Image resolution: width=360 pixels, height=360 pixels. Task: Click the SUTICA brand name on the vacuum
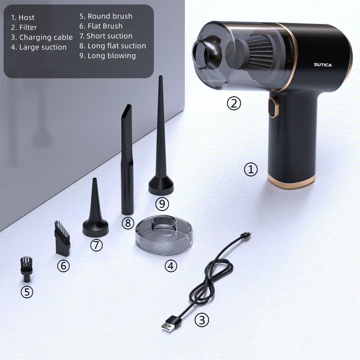coord(323,65)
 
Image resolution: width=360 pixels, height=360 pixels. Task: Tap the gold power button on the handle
coord(273,108)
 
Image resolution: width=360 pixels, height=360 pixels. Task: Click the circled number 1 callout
coord(251,170)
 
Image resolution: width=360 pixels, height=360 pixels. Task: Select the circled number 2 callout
coord(234,103)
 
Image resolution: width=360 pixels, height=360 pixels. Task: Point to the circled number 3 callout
coord(202,320)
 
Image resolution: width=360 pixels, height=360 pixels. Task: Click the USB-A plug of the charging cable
coord(171,323)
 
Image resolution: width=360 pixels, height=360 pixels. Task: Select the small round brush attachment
coord(27,269)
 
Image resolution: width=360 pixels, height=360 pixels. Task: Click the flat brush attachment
coord(62,238)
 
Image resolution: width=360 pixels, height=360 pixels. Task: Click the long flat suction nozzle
coord(127,159)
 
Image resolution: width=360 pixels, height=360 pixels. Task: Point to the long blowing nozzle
coord(161,135)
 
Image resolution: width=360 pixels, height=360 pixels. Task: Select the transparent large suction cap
coord(164,235)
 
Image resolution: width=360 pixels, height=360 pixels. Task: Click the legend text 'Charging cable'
coord(46,37)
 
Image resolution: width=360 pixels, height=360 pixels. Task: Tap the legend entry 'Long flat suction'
coord(113,46)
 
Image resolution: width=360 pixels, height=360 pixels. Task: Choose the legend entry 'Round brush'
coord(106,16)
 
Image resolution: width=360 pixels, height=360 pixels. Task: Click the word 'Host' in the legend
coord(27,18)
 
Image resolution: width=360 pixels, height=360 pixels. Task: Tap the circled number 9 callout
coord(162,204)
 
